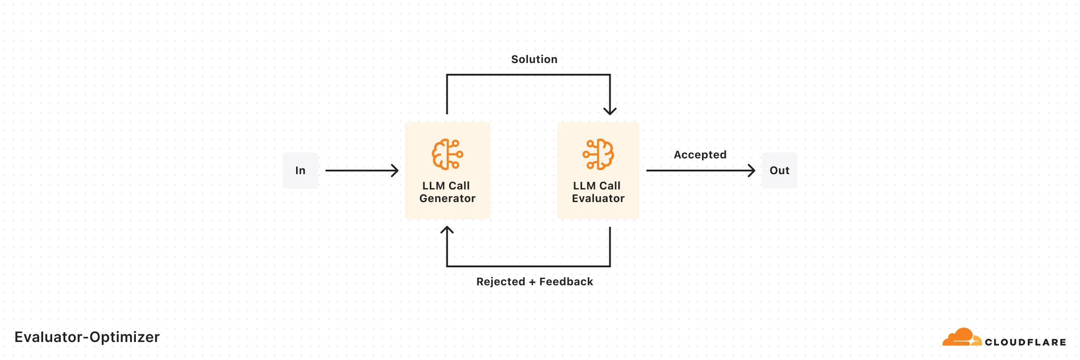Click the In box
tap(300, 171)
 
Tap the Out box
tap(779, 171)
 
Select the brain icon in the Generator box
tap(447, 154)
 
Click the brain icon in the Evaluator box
tap(598, 154)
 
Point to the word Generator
tap(447, 198)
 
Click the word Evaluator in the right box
tap(598, 198)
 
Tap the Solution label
tap(534, 59)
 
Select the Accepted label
tap(700, 155)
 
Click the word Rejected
tap(500, 282)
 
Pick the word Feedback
tap(566, 282)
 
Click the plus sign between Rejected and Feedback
tap(532, 282)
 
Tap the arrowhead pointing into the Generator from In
tap(395, 171)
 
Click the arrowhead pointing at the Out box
tap(751, 171)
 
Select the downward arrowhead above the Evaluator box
tap(610, 111)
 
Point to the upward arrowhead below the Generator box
tap(447, 230)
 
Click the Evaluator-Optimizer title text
tap(87, 337)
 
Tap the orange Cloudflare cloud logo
tap(961, 337)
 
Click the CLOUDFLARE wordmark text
tap(1025, 342)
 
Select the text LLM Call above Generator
tap(446, 186)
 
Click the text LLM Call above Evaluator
tap(597, 186)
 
